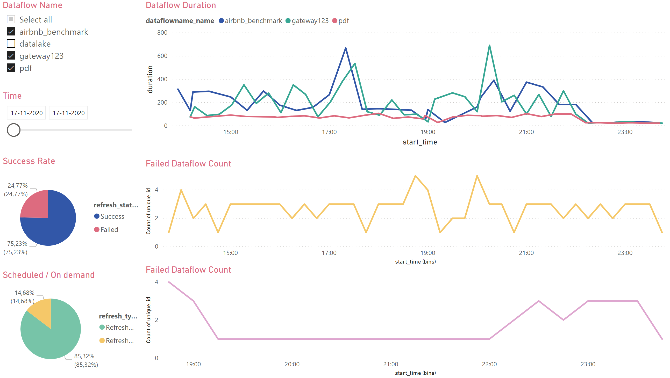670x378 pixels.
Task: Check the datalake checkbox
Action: [x=11, y=44]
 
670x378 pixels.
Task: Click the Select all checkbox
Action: [x=11, y=19]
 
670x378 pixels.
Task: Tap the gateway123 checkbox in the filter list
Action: [x=11, y=56]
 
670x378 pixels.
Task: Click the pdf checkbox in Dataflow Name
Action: [x=11, y=68]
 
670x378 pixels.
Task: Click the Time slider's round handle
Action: [x=13, y=130]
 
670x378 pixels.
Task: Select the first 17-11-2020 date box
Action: [x=26, y=113]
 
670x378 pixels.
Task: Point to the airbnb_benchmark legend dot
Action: [x=221, y=21]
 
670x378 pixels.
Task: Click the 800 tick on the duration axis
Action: [x=162, y=33]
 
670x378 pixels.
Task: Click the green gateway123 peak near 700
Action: [x=489, y=46]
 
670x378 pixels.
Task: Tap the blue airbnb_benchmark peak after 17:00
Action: [x=346, y=48]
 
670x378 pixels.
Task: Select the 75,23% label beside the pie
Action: [x=17, y=244]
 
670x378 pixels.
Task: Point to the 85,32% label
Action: [x=84, y=356]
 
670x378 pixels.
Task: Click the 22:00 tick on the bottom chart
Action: [x=489, y=364]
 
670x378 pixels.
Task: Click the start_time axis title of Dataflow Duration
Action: [x=420, y=142]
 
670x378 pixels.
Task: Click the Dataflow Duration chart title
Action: [x=181, y=5]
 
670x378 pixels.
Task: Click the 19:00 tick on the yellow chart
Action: [x=427, y=253]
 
